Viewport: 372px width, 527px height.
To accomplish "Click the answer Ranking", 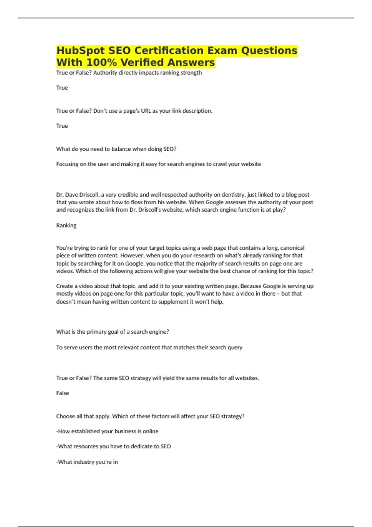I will tap(66, 225).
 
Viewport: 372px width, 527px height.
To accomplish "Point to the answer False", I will tap(62, 393).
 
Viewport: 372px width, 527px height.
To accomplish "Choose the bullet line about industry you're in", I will tap(87, 462).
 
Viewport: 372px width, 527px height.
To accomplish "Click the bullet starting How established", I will tap(107, 431).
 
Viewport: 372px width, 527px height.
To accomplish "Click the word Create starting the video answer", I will tap(64, 286).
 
